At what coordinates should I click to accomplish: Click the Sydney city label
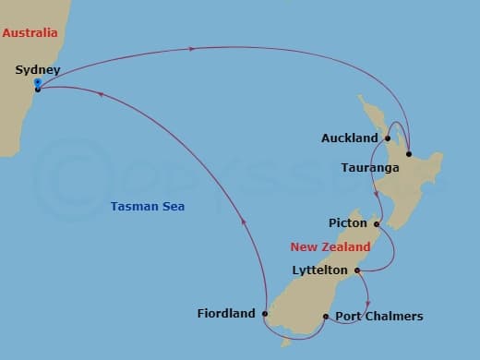(x=38, y=70)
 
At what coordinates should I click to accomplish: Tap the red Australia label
(x=30, y=33)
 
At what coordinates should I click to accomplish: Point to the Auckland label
(x=350, y=138)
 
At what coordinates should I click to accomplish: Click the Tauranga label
(x=369, y=168)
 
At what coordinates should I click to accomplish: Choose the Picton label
(x=348, y=223)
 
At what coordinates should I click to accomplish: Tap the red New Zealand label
(x=330, y=247)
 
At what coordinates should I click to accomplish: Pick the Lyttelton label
(x=318, y=270)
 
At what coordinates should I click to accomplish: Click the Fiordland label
(x=226, y=314)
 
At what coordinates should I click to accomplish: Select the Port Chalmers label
(x=378, y=317)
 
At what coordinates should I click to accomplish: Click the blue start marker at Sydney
(x=37, y=83)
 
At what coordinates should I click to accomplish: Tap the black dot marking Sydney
(x=37, y=90)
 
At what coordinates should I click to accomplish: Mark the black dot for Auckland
(x=388, y=138)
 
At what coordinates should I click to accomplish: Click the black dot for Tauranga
(x=408, y=154)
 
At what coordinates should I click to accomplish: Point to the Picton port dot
(x=377, y=223)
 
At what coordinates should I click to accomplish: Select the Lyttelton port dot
(x=356, y=270)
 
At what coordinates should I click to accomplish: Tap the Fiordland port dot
(x=264, y=314)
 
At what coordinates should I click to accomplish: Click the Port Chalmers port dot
(x=326, y=317)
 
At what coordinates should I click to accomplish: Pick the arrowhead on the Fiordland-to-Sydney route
(x=242, y=219)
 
